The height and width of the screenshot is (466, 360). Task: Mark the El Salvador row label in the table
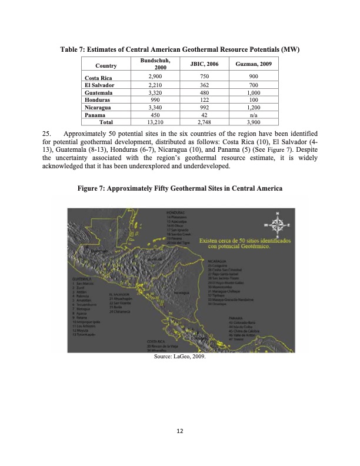(x=99, y=85)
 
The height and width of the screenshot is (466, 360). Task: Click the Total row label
(x=106, y=123)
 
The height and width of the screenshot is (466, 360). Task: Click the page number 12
(x=180, y=431)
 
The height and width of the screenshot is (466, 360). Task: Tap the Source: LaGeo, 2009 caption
(x=179, y=356)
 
